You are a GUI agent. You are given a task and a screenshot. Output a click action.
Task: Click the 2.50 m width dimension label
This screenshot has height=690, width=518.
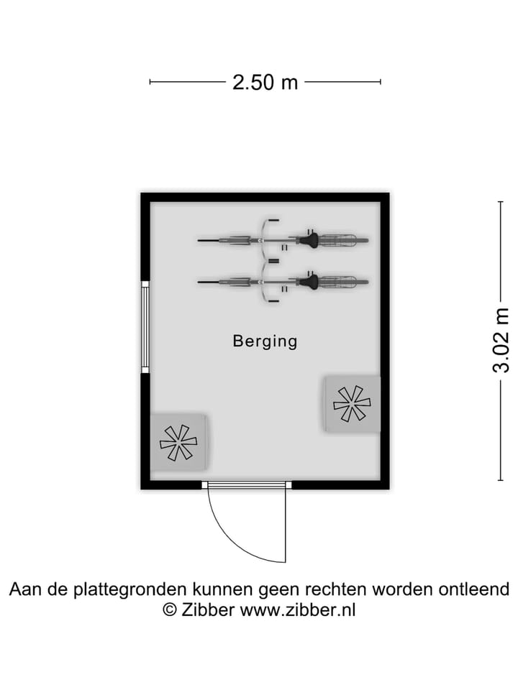[x=265, y=82]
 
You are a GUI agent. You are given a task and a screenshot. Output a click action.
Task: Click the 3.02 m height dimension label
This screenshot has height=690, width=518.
[x=501, y=341]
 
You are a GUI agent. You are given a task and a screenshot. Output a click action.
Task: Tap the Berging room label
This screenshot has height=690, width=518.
[x=265, y=341]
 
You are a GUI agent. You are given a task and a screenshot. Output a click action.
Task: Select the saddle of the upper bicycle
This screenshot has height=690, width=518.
[x=309, y=240]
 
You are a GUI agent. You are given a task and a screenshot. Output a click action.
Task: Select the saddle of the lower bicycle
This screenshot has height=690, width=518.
[x=309, y=282]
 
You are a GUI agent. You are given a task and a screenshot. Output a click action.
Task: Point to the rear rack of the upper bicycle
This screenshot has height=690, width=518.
[x=339, y=240]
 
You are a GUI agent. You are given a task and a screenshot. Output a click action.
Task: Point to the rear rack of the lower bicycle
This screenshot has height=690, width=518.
[x=339, y=282]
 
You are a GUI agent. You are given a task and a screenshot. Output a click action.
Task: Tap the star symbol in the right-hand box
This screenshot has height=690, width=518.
[x=352, y=404]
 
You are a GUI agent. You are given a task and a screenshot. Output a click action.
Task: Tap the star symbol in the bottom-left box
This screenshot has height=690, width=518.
[x=178, y=443]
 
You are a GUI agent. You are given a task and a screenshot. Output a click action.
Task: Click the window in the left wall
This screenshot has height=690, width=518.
[x=145, y=327]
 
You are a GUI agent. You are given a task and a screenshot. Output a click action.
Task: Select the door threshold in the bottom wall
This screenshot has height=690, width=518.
[x=247, y=485]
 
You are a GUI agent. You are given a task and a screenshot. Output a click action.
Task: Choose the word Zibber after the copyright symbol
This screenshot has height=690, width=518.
[x=208, y=610]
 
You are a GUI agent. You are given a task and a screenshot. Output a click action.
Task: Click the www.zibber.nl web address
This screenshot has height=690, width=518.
[x=298, y=610]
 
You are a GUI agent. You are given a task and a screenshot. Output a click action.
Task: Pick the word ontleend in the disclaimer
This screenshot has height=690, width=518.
[x=474, y=589]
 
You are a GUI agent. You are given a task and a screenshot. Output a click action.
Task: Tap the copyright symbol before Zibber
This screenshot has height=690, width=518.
[x=170, y=610]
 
